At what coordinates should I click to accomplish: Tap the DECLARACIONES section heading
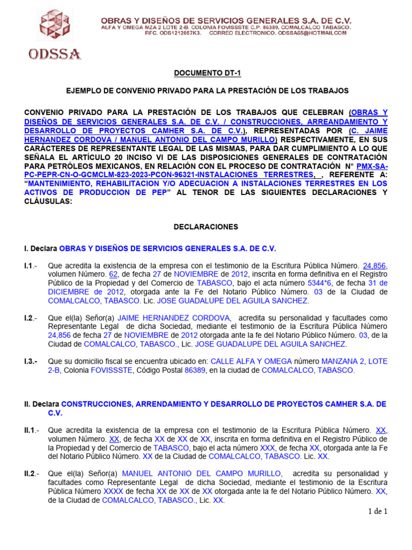pyautogui.click(x=205, y=227)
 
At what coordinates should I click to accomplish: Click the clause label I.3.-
pyautogui.click(x=31, y=362)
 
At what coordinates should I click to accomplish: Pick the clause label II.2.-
pyautogui.click(x=31, y=474)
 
